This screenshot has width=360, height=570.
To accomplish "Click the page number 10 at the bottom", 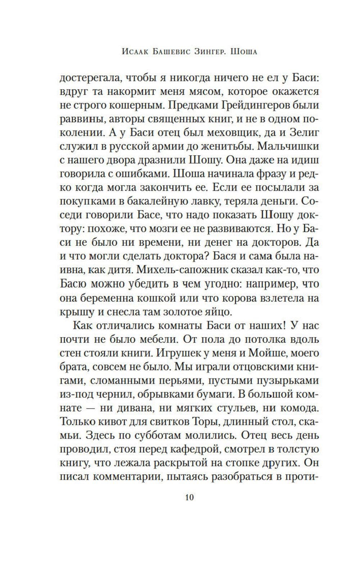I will click(x=189, y=498).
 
